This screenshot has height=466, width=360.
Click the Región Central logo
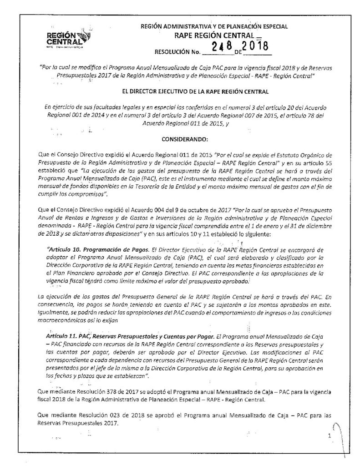tap(69, 39)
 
